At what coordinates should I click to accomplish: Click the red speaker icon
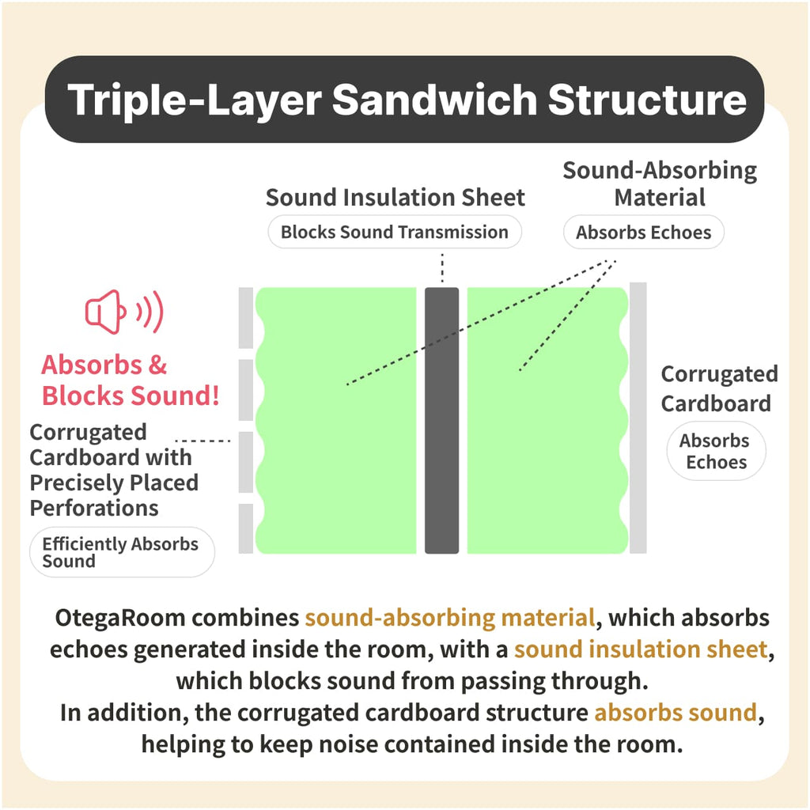pos(124,312)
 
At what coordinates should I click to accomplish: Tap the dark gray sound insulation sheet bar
pos(441,420)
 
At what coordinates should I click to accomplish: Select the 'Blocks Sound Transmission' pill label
pos(395,232)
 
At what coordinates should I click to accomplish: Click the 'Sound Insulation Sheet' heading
pos(396,197)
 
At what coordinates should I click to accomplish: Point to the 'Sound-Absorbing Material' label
pos(660,184)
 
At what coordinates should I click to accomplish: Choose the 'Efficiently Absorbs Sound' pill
pos(122,551)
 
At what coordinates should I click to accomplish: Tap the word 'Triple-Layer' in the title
pos(195,100)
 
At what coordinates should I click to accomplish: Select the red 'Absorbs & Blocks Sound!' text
pos(131,380)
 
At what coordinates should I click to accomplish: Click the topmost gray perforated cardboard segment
pos(246,318)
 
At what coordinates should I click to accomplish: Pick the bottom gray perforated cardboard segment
pos(246,528)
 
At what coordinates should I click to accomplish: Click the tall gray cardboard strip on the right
pos(638,418)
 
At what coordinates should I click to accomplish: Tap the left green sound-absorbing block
pos(336,420)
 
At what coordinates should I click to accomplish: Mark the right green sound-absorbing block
pos(547,420)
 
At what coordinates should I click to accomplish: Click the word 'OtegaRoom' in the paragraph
pos(120,619)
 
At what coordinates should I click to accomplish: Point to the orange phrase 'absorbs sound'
pos(676,713)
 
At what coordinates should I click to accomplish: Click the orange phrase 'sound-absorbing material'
pos(450,619)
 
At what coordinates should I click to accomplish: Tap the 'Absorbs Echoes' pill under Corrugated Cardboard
pos(716,451)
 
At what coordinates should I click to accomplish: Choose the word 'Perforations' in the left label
pos(94,509)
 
